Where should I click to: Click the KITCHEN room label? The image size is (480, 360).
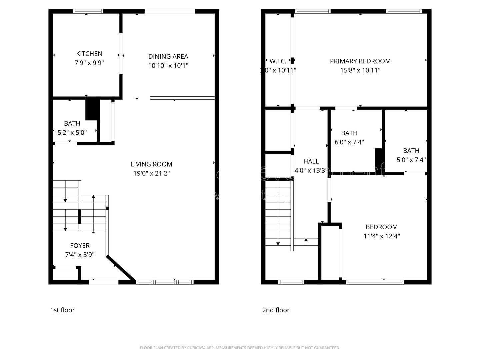click(89, 54)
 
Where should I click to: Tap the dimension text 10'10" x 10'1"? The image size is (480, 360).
click(168, 66)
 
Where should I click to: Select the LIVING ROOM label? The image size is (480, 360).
click(151, 164)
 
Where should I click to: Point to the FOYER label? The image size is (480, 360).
click(80, 246)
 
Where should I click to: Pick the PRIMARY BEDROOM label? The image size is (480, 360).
click(360, 61)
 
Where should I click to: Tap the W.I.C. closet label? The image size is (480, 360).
click(278, 61)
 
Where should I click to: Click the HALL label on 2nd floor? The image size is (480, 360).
click(311, 161)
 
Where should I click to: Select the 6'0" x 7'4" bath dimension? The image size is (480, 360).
click(349, 142)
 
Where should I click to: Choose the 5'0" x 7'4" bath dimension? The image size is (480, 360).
click(411, 160)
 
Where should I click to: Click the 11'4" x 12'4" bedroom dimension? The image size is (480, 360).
click(381, 236)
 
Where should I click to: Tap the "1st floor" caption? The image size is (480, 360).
click(62, 310)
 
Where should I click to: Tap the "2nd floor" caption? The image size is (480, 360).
click(276, 310)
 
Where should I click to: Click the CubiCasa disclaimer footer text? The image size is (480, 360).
click(240, 348)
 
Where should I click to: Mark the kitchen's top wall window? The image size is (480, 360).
click(88, 11)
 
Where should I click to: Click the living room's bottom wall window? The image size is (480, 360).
click(165, 282)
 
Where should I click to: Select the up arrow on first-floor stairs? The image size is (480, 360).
click(93, 197)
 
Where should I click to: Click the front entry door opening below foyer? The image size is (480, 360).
click(104, 282)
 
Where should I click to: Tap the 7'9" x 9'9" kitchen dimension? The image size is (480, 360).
click(89, 63)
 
